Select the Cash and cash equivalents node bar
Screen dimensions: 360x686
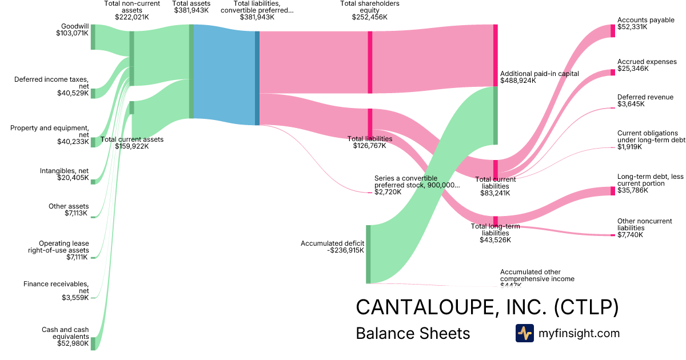93,343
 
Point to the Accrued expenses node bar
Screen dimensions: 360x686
613,73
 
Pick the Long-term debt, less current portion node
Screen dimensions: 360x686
613,191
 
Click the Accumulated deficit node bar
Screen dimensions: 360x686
368,254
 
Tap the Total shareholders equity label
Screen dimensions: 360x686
369,10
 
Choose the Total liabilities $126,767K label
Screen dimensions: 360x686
370,142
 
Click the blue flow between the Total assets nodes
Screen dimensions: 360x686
224,74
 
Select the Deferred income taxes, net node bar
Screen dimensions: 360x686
93,94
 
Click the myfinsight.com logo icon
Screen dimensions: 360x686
524,333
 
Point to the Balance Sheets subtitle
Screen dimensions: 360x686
413,334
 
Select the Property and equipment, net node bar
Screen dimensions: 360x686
93,142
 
